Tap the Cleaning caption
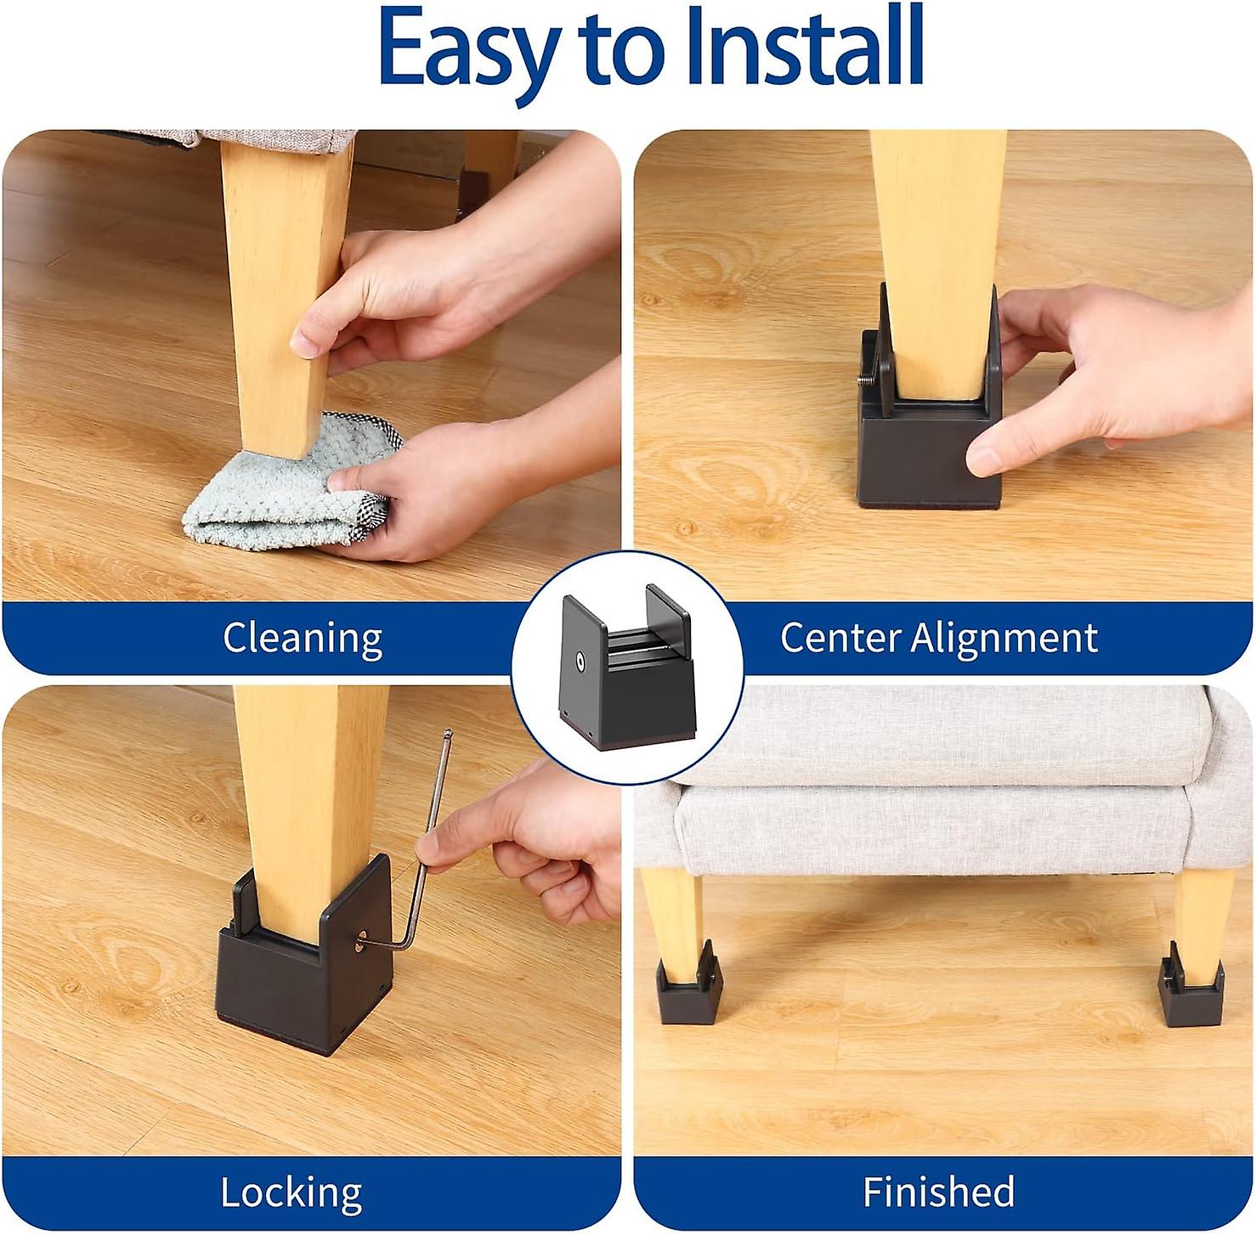pyautogui.click(x=303, y=639)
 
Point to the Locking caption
pyautogui.click(x=291, y=1192)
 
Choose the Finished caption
pyautogui.click(x=938, y=1192)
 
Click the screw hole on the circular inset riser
pyautogui.click(x=579, y=660)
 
